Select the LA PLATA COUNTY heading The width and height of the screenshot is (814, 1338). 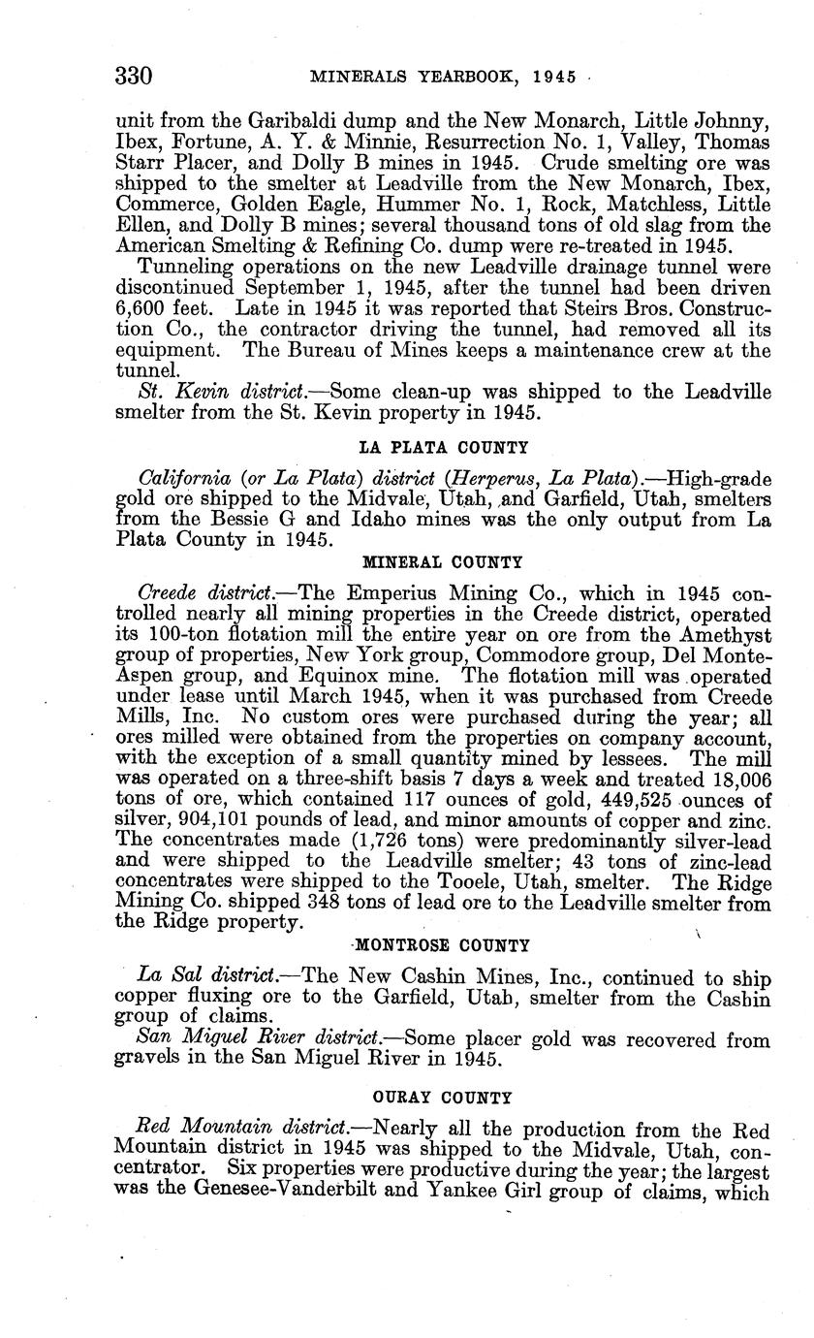tap(444, 447)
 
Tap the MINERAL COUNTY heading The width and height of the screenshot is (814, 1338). tap(443, 561)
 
